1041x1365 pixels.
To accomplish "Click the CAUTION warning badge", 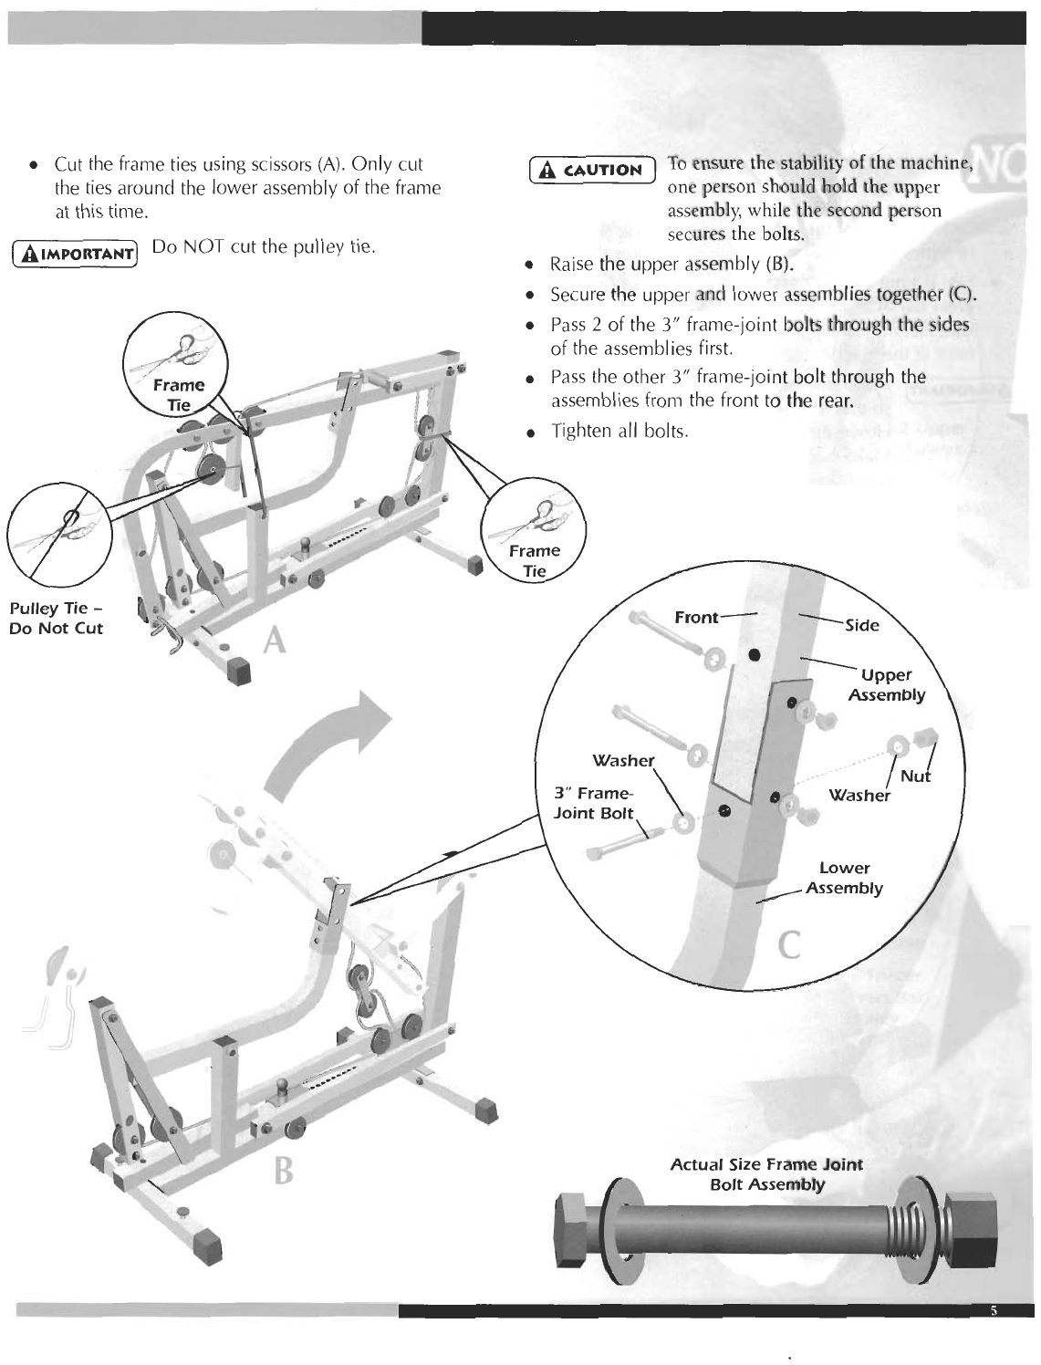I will [593, 170].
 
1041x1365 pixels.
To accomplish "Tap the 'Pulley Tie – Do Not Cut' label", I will [57, 619].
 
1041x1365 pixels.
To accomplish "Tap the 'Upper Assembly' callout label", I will [886, 684].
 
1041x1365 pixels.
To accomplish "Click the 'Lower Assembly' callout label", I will [844, 878].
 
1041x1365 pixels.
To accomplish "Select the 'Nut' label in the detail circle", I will [915, 776].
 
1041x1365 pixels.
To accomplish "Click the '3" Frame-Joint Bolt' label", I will [593, 803].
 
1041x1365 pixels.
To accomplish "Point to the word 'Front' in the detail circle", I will [696, 618].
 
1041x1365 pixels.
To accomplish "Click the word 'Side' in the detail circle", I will [862, 625].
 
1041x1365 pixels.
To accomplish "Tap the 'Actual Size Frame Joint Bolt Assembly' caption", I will [766, 1174].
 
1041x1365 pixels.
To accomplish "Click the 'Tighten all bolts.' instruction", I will [619, 431].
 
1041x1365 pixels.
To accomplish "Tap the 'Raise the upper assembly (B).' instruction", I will [671, 266].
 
